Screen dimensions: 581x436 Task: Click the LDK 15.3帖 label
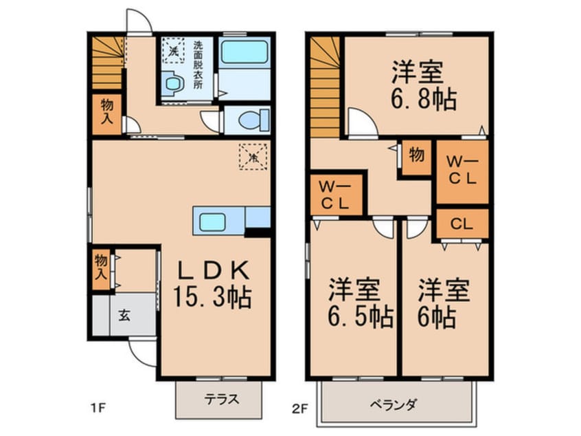pyautogui.click(x=213, y=284)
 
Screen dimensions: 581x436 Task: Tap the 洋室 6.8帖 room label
pyautogui.click(x=423, y=86)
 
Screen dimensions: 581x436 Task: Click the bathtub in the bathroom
pyautogui.click(x=244, y=52)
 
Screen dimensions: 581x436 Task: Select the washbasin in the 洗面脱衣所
pyautogui.click(x=172, y=83)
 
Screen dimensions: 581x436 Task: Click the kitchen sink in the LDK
pyautogui.click(x=212, y=222)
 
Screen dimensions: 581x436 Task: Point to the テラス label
pyautogui.click(x=222, y=400)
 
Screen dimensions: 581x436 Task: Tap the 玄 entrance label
pyautogui.click(x=124, y=316)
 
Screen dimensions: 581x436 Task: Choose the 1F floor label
pyautogui.click(x=99, y=408)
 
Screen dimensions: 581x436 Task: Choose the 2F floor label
pyautogui.click(x=299, y=408)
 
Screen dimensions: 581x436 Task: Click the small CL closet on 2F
pyautogui.click(x=462, y=224)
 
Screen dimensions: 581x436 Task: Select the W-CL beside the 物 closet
pyautogui.click(x=462, y=171)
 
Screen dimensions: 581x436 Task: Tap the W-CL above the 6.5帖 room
pyautogui.click(x=336, y=195)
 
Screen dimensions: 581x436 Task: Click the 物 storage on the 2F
pyautogui.click(x=416, y=157)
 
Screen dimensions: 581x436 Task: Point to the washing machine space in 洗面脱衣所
pyautogui.click(x=173, y=50)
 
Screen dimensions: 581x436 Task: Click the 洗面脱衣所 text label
pyautogui.click(x=198, y=65)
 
